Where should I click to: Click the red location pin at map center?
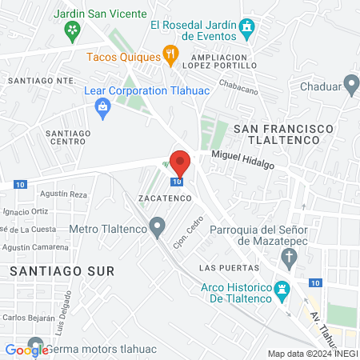(x=180, y=162)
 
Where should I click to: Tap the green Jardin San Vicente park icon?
(x=73, y=31)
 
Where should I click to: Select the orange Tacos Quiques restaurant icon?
(x=170, y=55)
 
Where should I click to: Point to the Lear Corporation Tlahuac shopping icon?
(x=102, y=107)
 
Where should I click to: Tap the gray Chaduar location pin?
(x=350, y=86)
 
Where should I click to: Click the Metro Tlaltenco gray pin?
(x=158, y=227)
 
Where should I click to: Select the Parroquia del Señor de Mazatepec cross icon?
(x=290, y=258)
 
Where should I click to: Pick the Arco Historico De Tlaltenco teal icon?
(x=281, y=292)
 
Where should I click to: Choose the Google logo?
(x=27, y=350)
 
